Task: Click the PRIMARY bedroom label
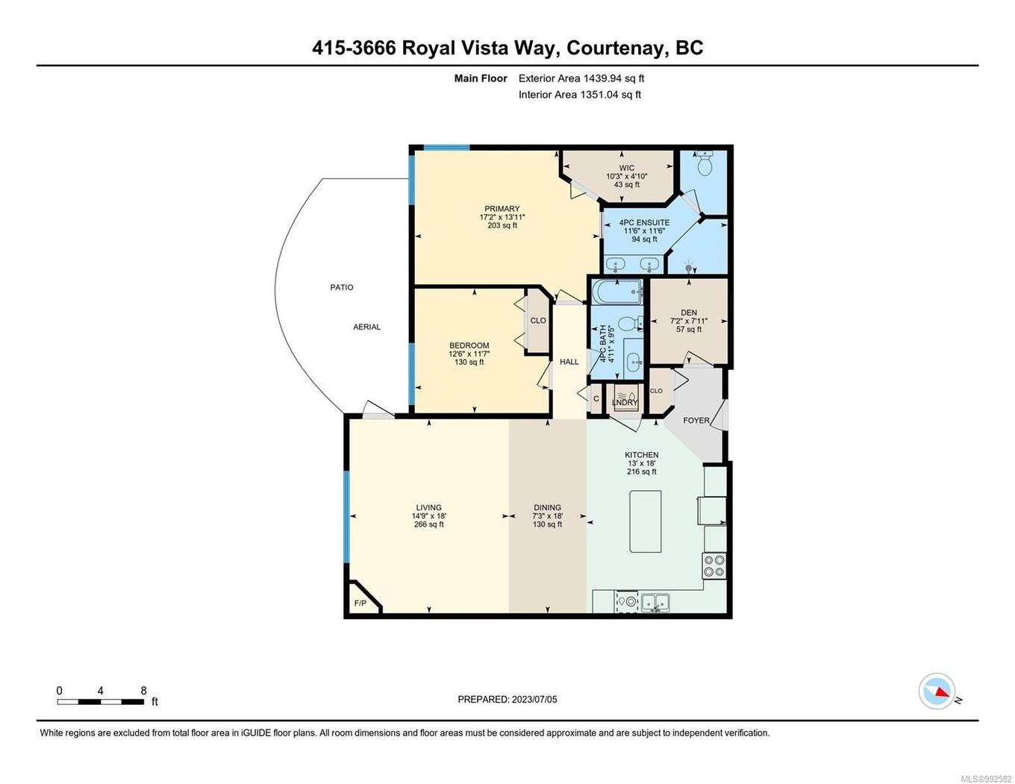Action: (502, 209)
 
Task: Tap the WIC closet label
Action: (626, 168)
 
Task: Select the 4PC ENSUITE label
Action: (643, 222)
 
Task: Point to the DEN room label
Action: (688, 313)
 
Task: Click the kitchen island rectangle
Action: (645, 521)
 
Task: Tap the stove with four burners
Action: (713, 565)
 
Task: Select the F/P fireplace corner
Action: (362, 600)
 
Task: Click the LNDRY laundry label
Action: (625, 403)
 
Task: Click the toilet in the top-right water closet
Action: (705, 163)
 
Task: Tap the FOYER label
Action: (696, 420)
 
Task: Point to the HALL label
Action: (569, 362)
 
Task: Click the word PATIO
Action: (342, 287)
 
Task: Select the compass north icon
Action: (937, 691)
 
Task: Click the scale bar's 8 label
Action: (143, 691)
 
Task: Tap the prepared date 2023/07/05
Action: (534, 700)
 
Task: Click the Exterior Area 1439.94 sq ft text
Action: (581, 78)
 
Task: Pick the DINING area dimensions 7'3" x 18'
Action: (547, 516)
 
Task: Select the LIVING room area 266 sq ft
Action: (428, 524)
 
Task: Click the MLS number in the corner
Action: (985, 779)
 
